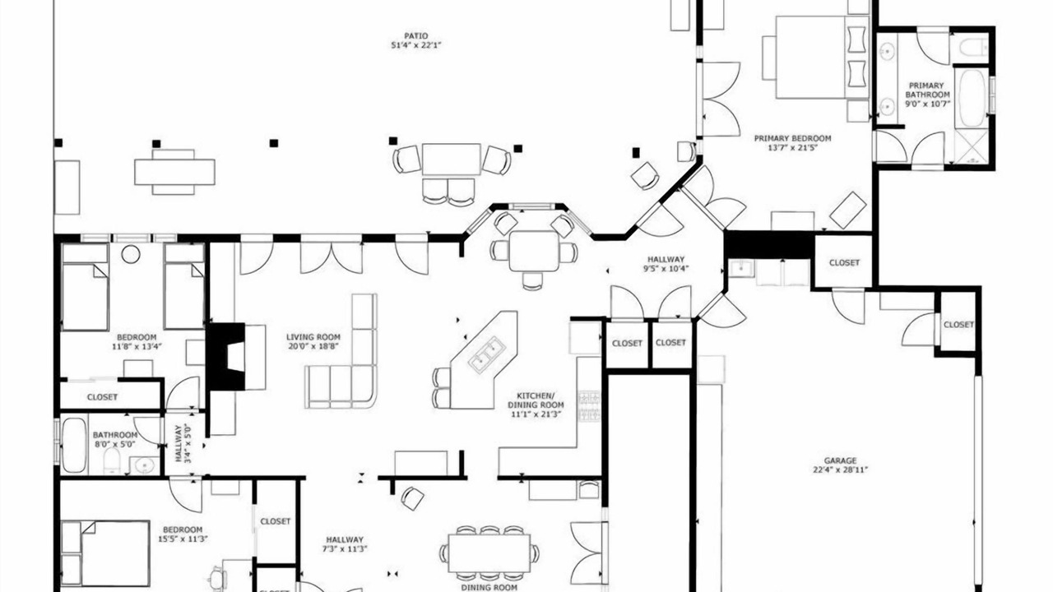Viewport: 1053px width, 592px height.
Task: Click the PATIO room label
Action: click(x=416, y=35)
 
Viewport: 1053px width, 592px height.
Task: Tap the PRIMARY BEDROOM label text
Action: click(x=792, y=139)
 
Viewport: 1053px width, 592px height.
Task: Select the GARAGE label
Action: click(x=840, y=461)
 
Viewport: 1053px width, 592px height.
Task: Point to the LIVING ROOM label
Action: click(x=313, y=337)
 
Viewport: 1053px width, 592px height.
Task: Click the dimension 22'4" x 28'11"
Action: click(x=840, y=469)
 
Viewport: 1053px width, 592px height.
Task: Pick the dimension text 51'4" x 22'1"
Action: click(x=416, y=45)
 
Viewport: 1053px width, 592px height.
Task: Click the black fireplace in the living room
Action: click(x=227, y=357)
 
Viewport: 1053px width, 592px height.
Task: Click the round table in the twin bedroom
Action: click(x=131, y=254)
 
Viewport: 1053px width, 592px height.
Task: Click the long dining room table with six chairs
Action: click(x=489, y=553)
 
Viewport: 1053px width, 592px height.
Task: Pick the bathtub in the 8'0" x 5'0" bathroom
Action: click(x=74, y=445)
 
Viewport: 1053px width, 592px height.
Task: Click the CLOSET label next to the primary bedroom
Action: click(x=844, y=262)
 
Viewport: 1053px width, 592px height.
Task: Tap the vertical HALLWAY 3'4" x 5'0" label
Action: click(x=183, y=444)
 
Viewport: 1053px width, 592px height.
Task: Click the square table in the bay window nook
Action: click(x=534, y=251)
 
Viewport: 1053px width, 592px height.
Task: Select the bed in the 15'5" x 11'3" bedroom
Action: click(x=105, y=553)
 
